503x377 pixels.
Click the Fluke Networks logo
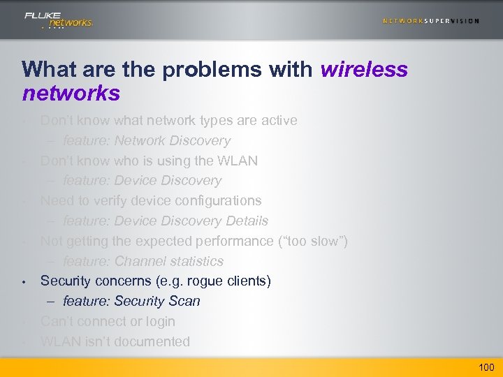pyautogui.click(x=58, y=20)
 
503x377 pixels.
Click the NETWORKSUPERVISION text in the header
pyautogui.click(x=430, y=21)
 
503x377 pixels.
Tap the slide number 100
pyautogui.click(x=486, y=367)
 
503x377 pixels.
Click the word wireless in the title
pyautogui.click(x=364, y=70)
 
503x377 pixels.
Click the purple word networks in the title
pyautogui.click(x=71, y=93)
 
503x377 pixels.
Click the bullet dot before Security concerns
pyautogui.click(x=24, y=282)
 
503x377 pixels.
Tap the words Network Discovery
pyautogui.click(x=173, y=140)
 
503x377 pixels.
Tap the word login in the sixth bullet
pyautogui.click(x=159, y=322)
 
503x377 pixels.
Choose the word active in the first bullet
pyautogui.click(x=279, y=120)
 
